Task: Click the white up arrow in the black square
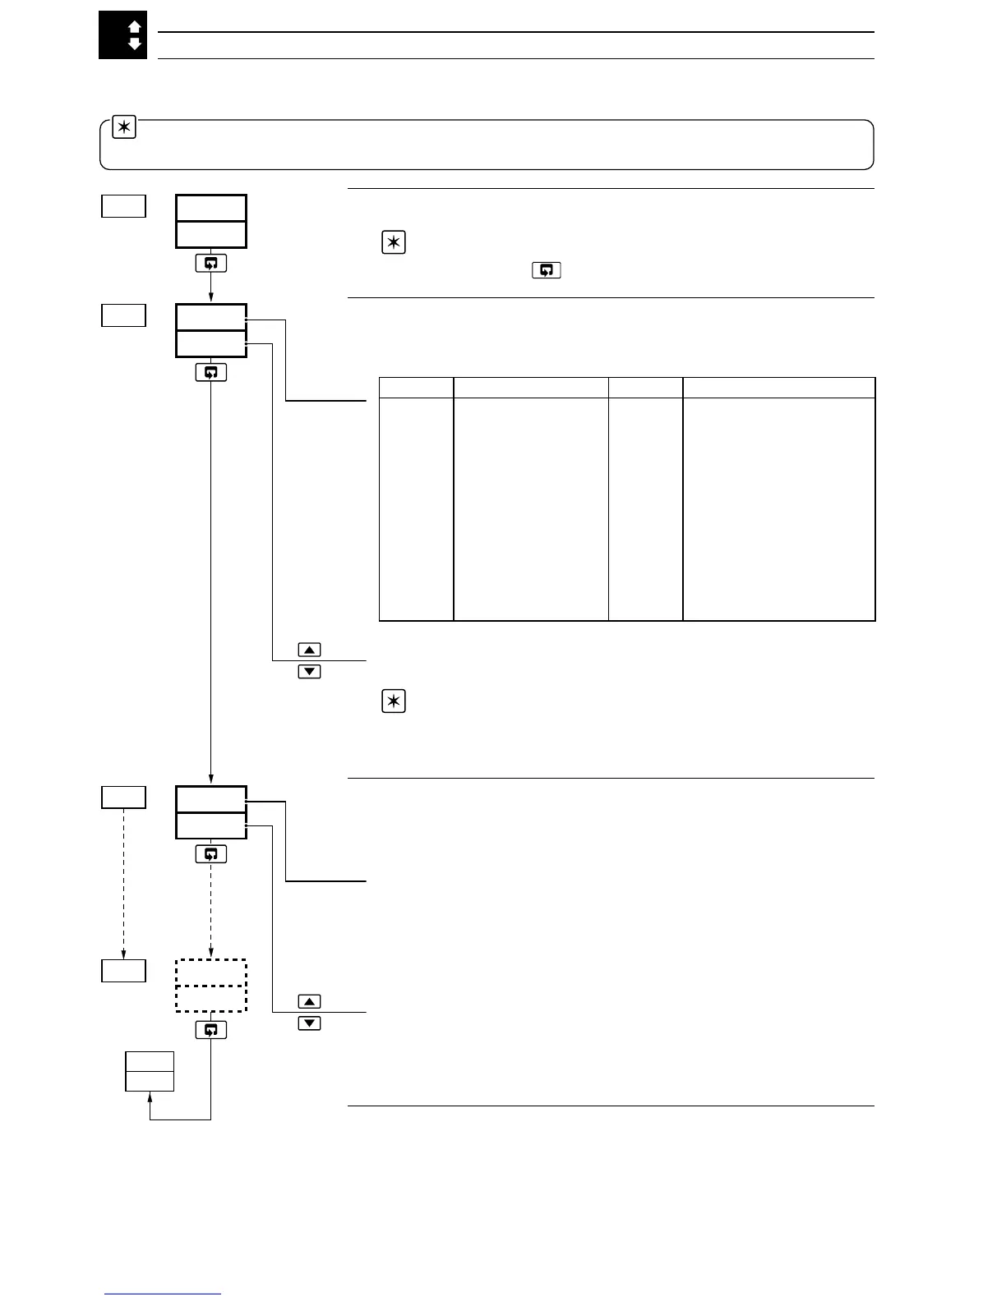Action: click(135, 27)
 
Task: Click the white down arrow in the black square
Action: click(135, 44)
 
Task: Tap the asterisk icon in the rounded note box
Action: click(124, 129)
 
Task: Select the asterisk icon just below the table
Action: click(395, 701)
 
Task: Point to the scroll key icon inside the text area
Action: click(547, 270)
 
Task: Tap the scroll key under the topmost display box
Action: click(211, 264)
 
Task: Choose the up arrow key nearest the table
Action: click(309, 650)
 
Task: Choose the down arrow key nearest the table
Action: click(309, 672)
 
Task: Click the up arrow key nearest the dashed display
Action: click(309, 1001)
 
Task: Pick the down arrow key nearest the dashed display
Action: click(309, 1023)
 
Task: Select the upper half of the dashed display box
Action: click(211, 972)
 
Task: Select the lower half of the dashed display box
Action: click(211, 998)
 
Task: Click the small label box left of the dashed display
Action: click(123, 970)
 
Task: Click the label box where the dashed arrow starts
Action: click(123, 797)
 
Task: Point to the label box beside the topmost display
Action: click(123, 206)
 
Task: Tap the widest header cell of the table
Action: click(778, 388)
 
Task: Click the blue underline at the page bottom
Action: click(163, 1294)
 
